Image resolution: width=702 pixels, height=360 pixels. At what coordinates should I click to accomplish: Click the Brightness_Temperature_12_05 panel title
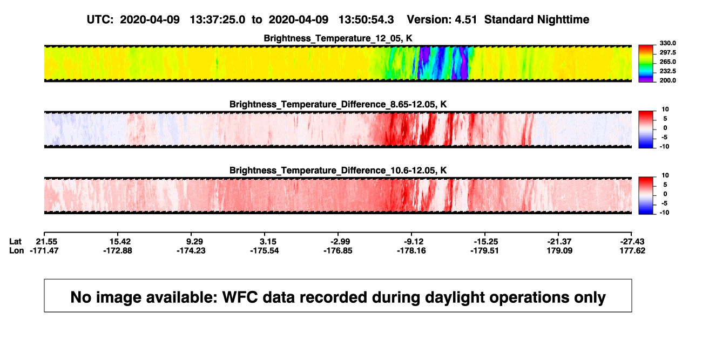(x=338, y=38)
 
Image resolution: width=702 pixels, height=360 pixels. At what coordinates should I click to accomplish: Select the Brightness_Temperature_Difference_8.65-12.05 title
(x=338, y=104)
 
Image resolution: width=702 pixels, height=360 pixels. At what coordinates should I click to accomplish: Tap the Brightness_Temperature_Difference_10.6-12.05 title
(x=338, y=171)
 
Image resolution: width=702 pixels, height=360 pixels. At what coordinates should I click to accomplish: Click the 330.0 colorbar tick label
(x=667, y=43)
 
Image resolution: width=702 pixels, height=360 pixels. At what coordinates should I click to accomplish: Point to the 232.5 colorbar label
(x=667, y=71)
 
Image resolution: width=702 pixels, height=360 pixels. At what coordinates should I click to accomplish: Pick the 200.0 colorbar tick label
(x=667, y=80)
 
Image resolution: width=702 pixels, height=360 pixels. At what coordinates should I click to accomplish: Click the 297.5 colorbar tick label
(x=667, y=52)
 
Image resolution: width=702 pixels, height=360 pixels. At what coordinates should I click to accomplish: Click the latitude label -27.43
(x=632, y=242)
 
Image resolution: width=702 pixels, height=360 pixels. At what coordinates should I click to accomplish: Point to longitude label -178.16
(x=411, y=250)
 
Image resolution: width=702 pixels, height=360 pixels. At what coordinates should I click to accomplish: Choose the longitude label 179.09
(x=560, y=250)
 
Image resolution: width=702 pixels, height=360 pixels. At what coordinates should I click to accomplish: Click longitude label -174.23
(x=191, y=250)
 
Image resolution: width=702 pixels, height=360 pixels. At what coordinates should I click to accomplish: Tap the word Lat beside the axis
(x=15, y=242)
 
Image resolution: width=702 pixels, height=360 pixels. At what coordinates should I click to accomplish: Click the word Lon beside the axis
(x=16, y=250)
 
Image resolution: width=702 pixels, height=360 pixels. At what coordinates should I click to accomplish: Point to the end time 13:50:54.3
(x=366, y=20)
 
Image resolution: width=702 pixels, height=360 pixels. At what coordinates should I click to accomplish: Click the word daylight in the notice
(x=454, y=297)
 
